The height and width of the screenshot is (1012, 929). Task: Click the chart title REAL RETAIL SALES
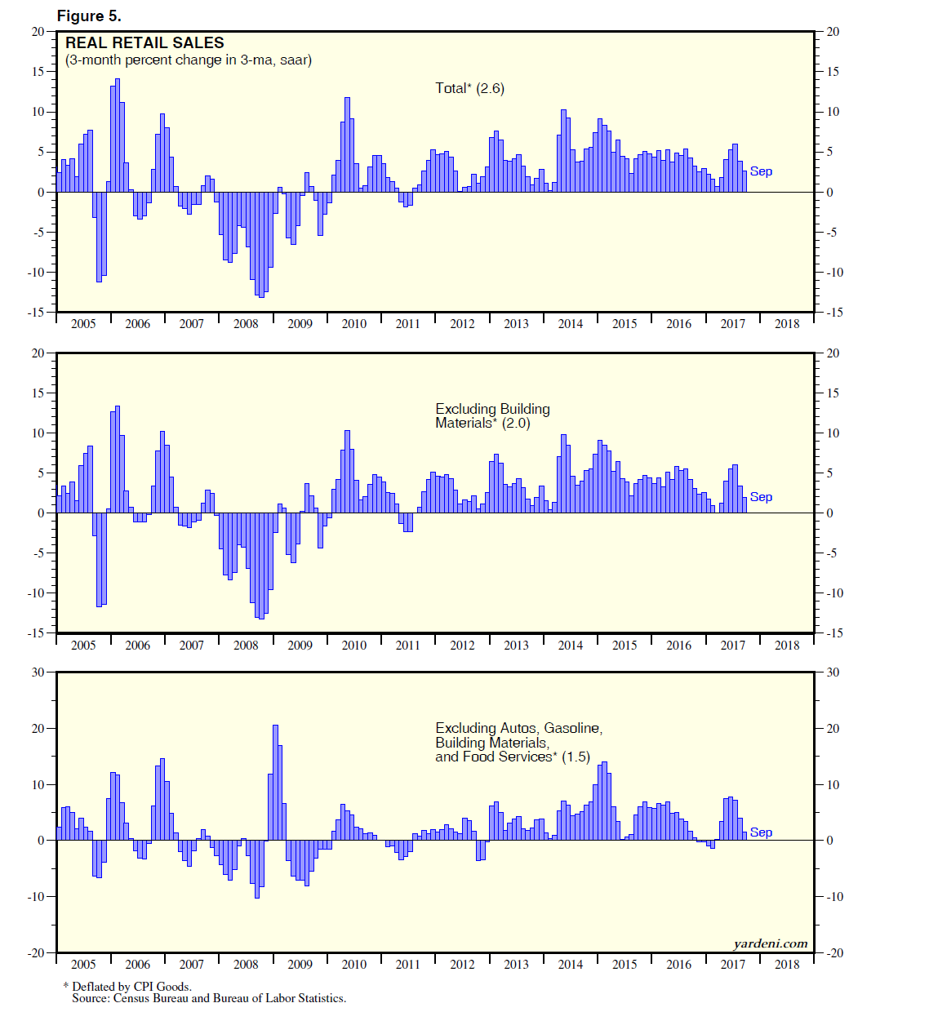pos(144,43)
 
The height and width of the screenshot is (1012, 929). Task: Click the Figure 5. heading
pos(89,16)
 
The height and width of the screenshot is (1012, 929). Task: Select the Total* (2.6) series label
pos(469,88)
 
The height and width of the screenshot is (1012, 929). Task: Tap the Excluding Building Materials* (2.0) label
pos(492,415)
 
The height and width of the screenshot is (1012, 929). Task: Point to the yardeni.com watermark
pos(770,943)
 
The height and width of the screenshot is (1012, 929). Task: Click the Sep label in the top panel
pos(761,171)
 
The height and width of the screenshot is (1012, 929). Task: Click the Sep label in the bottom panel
pos(761,832)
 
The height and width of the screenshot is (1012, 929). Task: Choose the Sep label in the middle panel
pos(761,497)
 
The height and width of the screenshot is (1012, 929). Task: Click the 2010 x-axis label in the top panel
pos(353,324)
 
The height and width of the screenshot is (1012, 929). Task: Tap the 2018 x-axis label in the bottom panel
pos(787,965)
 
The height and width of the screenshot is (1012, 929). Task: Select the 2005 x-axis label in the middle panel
pos(83,646)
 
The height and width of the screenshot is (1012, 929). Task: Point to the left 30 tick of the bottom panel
pos(38,672)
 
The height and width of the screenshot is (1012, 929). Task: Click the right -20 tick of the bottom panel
pos(833,953)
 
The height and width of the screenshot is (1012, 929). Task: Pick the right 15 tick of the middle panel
pos(833,393)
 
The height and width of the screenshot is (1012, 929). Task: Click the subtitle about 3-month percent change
pos(189,60)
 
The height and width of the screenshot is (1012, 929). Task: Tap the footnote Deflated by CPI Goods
pos(131,987)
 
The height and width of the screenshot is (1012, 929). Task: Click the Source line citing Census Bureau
pos(209,998)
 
